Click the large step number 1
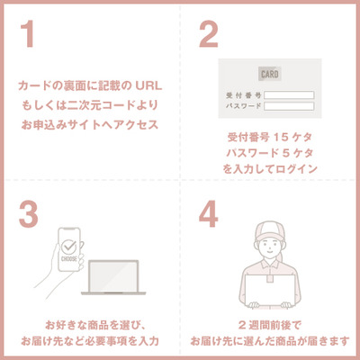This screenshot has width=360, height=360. (x=30, y=34)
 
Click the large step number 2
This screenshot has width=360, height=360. (x=208, y=34)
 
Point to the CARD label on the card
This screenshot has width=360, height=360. (x=270, y=73)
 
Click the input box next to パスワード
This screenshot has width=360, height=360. (x=289, y=106)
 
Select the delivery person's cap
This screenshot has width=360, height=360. (x=269, y=230)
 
